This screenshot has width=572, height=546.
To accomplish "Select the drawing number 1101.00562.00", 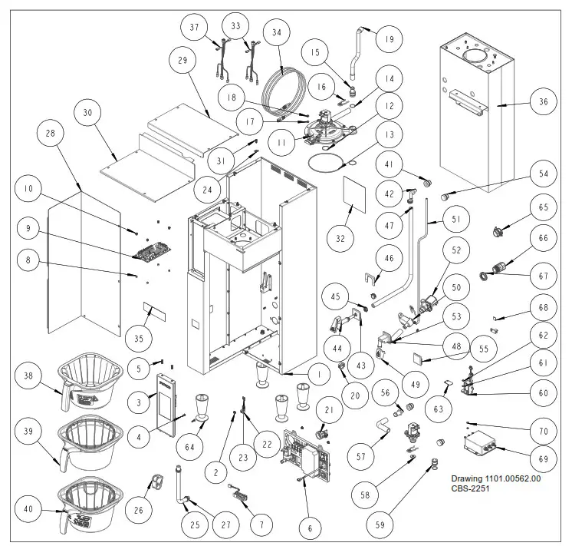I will pos(495,477).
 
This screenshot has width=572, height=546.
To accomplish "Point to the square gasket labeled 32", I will pos(354,192).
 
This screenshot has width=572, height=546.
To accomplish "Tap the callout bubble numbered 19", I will pos(389,38).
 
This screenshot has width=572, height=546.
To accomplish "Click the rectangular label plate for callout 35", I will pos(153,311).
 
